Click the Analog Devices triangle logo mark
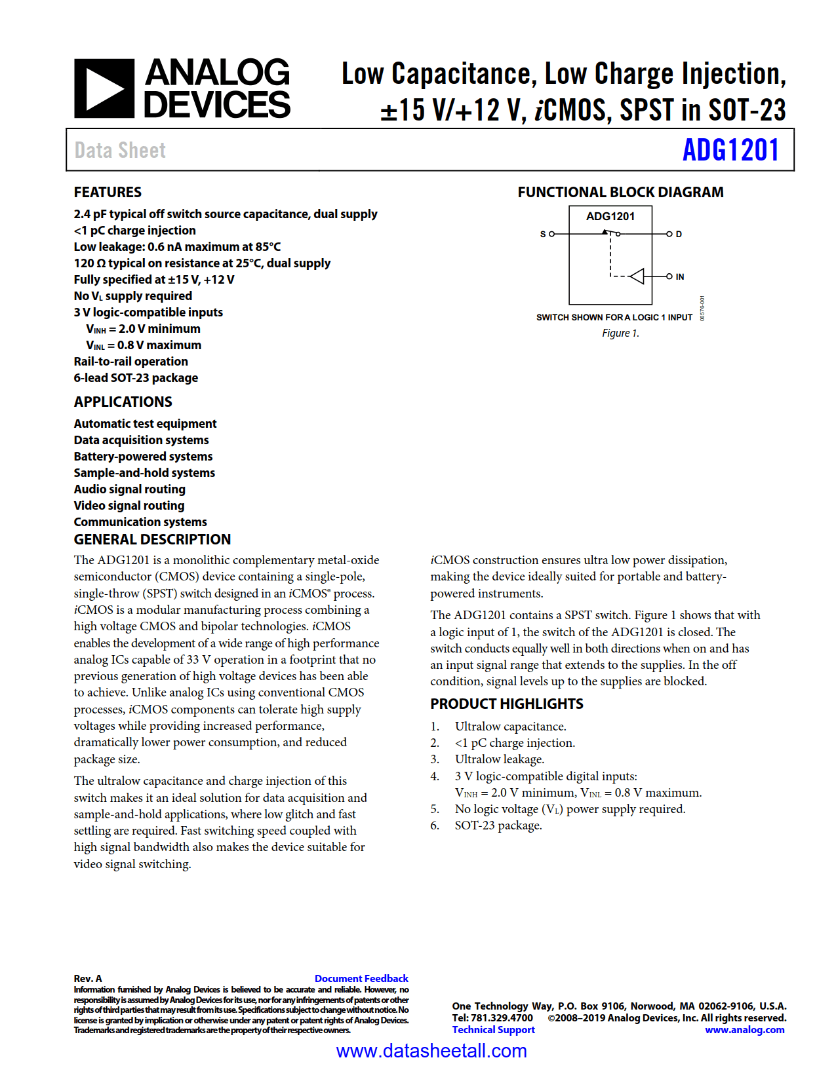104,88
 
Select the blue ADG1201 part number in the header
730,150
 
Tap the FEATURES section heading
108,192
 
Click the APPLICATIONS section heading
123,402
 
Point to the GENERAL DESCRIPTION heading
152,539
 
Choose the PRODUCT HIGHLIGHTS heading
506,704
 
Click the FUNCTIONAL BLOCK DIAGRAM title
620,192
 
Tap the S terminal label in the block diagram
543,234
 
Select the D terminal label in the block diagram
679,234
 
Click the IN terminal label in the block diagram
680,276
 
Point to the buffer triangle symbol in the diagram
637,276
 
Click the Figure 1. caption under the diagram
620,333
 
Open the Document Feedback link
361,978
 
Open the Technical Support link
493,1029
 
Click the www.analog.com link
744,1029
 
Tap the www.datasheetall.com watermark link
431,1051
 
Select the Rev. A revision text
88,978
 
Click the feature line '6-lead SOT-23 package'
136,378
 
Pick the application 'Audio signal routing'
130,489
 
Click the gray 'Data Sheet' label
120,150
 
